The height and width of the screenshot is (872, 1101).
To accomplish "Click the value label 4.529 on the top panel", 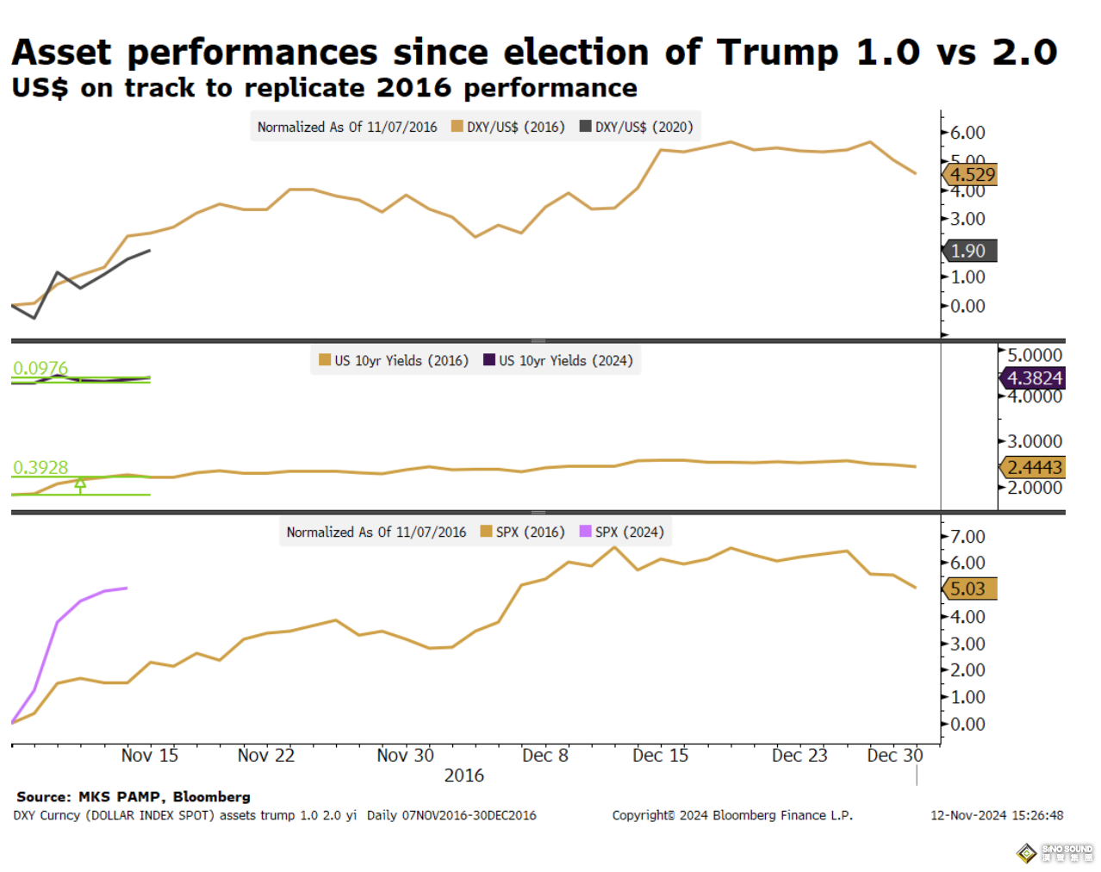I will [x=972, y=175].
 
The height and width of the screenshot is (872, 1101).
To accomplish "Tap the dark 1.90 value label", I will [x=969, y=251].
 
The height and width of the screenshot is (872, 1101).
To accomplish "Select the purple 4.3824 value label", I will [x=1034, y=378].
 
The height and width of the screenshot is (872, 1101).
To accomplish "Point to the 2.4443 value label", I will [x=1034, y=467].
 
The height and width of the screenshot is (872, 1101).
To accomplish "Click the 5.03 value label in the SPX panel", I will [x=969, y=589].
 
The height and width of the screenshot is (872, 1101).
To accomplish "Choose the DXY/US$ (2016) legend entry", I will [x=508, y=127].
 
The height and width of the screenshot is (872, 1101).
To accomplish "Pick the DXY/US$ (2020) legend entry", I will [x=637, y=127].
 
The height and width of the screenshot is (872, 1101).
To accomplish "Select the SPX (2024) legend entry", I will [x=622, y=532].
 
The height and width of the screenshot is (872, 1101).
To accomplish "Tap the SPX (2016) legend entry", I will [x=523, y=532].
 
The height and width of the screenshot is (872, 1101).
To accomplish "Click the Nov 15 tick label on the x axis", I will [x=149, y=756].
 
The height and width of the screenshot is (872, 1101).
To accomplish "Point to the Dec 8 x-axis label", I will [x=544, y=756].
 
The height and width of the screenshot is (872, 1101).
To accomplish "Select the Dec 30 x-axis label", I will [x=894, y=756].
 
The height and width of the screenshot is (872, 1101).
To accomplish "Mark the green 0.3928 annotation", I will [x=40, y=467].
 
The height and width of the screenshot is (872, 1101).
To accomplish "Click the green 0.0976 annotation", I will [x=40, y=368].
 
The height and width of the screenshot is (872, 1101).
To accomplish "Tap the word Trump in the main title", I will [x=777, y=52].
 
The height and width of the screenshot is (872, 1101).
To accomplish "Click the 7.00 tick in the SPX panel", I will [x=967, y=537].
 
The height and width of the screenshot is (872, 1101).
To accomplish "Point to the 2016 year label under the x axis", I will [x=463, y=775].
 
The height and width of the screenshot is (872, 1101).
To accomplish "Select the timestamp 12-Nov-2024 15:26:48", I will [x=996, y=815].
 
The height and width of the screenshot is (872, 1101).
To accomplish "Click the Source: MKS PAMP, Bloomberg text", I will [x=134, y=797].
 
